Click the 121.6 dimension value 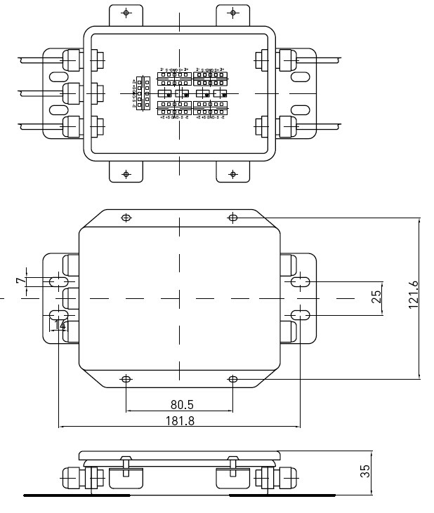(413, 294)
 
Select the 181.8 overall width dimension (179, 420)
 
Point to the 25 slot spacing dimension (377, 298)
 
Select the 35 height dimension (365, 471)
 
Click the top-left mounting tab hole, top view (126, 13)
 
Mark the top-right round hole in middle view (233, 218)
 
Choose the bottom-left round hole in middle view (126, 380)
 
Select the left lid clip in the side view (125, 466)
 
